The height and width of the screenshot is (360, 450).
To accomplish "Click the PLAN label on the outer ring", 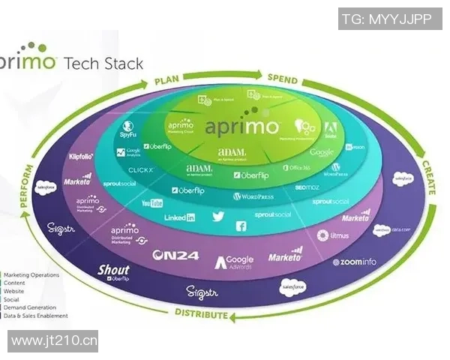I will pyautogui.click(x=167, y=79).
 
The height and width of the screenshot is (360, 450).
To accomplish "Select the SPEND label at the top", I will pyautogui.click(x=283, y=79).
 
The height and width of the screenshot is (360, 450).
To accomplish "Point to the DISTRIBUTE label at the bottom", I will pyautogui.click(x=202, y=314).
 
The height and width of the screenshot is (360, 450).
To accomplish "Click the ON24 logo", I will pyautogui.click(x=175, y=256).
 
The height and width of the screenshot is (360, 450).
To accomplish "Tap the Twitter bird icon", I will pyautogui.click(x=218, y=217).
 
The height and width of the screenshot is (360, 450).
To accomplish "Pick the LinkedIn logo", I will pyautogui.click(x=180, y=217).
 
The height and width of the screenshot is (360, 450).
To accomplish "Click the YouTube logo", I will pyautogui.click(x=152, y=203).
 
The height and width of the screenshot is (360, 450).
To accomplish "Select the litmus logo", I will pyautogui.click(x=334, y=235).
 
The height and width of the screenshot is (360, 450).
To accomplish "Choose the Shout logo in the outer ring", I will pyautogui.click(x=114, y=271).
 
